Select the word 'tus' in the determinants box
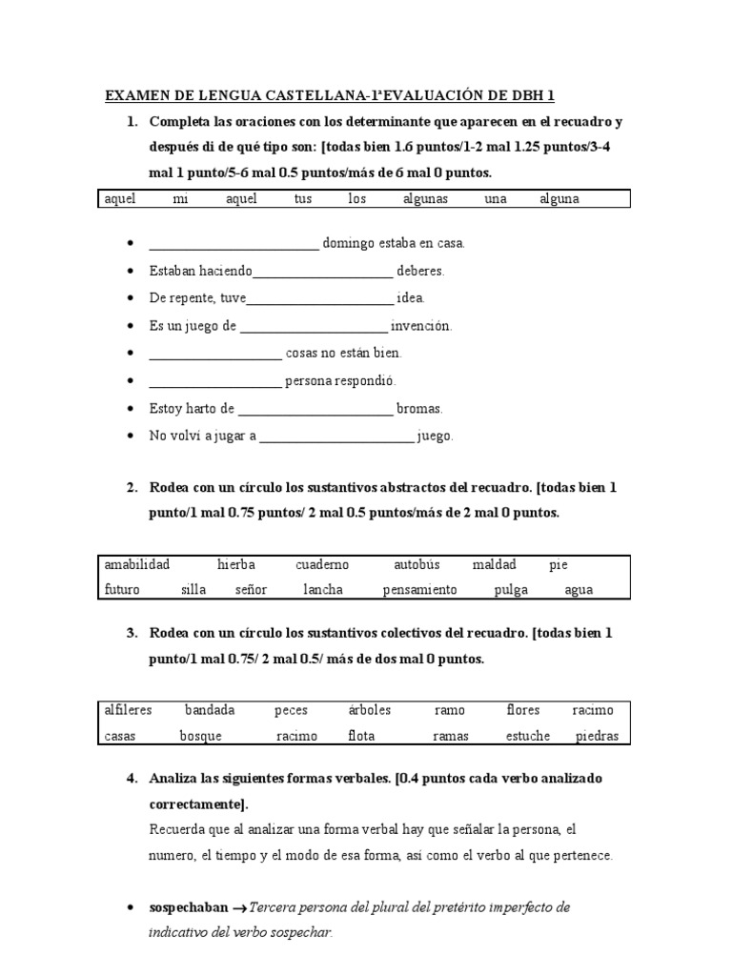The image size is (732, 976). [x=303, y=199]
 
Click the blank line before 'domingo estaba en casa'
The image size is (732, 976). [x=234, y=245]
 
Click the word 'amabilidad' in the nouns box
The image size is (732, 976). [x=137, y=564]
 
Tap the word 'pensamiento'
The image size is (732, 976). [x=419, y=590]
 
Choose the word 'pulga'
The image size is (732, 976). [x=511, y=590]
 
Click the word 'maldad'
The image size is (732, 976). [x=494, y=564]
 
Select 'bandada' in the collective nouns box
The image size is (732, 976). [x=210, y=710]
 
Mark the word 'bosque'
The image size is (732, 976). [x=200, y=736]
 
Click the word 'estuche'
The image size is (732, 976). [x=529, y=736]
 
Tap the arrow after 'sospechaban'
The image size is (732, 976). [x=239, y=908]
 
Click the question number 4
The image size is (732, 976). [x=132, y=779]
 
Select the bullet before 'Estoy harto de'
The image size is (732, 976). [x=129, y=409]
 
